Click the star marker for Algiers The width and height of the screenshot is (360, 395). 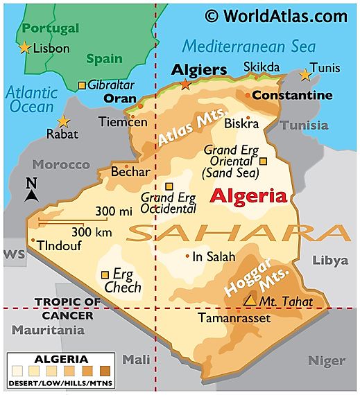(185, 85)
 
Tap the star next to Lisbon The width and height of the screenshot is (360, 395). (25, 48)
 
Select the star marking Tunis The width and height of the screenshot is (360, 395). (304, 74)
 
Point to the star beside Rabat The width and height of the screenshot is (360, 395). (63, 121)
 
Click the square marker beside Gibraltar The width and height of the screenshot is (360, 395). (82, 85)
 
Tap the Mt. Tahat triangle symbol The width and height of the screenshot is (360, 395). (249, 301)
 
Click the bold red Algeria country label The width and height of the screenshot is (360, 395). (248, 195)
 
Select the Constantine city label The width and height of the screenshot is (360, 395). (292, 94)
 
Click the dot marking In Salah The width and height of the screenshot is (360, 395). (187, 256)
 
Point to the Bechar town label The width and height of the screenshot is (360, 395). (130, 170)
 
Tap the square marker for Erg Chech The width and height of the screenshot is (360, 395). (105, 274)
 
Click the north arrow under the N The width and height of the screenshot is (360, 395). (31, 196)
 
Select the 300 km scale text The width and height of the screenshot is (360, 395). (92, 231)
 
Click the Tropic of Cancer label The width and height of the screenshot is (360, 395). (63, 308)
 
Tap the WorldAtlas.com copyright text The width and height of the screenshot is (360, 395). (276, 15)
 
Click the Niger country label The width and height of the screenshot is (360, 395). (326, 360)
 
